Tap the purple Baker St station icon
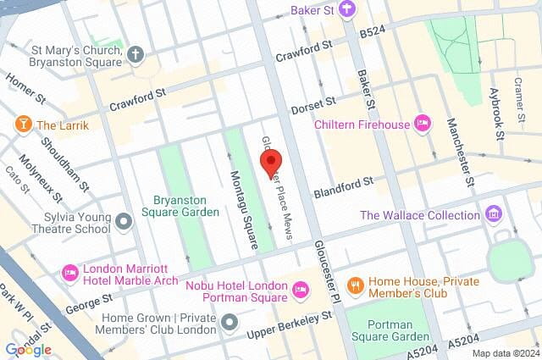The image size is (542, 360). click(346, 10)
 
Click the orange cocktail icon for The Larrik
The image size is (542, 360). click(22, 125)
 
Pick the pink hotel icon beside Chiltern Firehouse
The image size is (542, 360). click(423, 125)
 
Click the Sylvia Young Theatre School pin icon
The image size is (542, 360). click(124, 222)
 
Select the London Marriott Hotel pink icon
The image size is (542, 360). click(70, 273)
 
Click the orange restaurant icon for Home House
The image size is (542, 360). click(357, 285)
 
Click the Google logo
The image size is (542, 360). click(28, 349)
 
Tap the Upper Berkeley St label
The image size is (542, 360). click(289, 322)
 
